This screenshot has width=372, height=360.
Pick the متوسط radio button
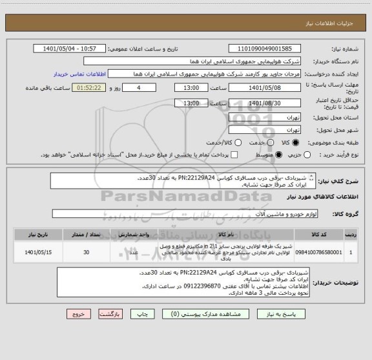(279, 155)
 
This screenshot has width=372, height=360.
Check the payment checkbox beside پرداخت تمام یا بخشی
(235, 155)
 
